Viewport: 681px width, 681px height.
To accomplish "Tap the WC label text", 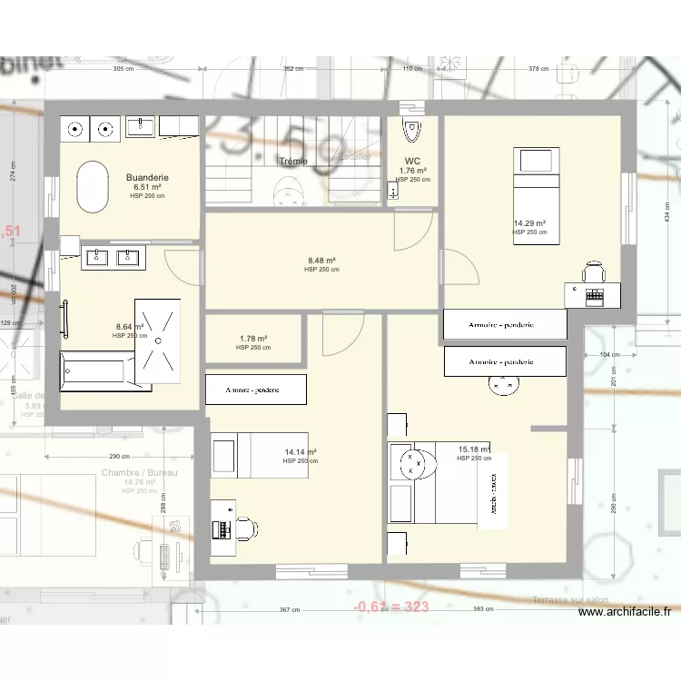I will (412, 162).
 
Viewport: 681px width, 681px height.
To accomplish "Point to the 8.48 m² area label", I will (321, 261).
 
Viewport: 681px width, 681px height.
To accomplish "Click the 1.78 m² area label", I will (253, 339).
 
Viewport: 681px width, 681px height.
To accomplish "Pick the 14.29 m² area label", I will (529, 223).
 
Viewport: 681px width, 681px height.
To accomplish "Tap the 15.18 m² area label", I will (474, 449).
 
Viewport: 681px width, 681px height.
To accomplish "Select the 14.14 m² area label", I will (300, 452).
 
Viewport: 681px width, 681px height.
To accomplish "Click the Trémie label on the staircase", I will (293, 162).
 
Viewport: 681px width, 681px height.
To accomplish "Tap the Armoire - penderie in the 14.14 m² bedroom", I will (255, 390).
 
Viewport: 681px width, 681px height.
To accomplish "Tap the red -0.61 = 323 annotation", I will (390, 607).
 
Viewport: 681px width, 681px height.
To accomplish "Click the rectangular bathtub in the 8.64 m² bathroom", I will (94, 371).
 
